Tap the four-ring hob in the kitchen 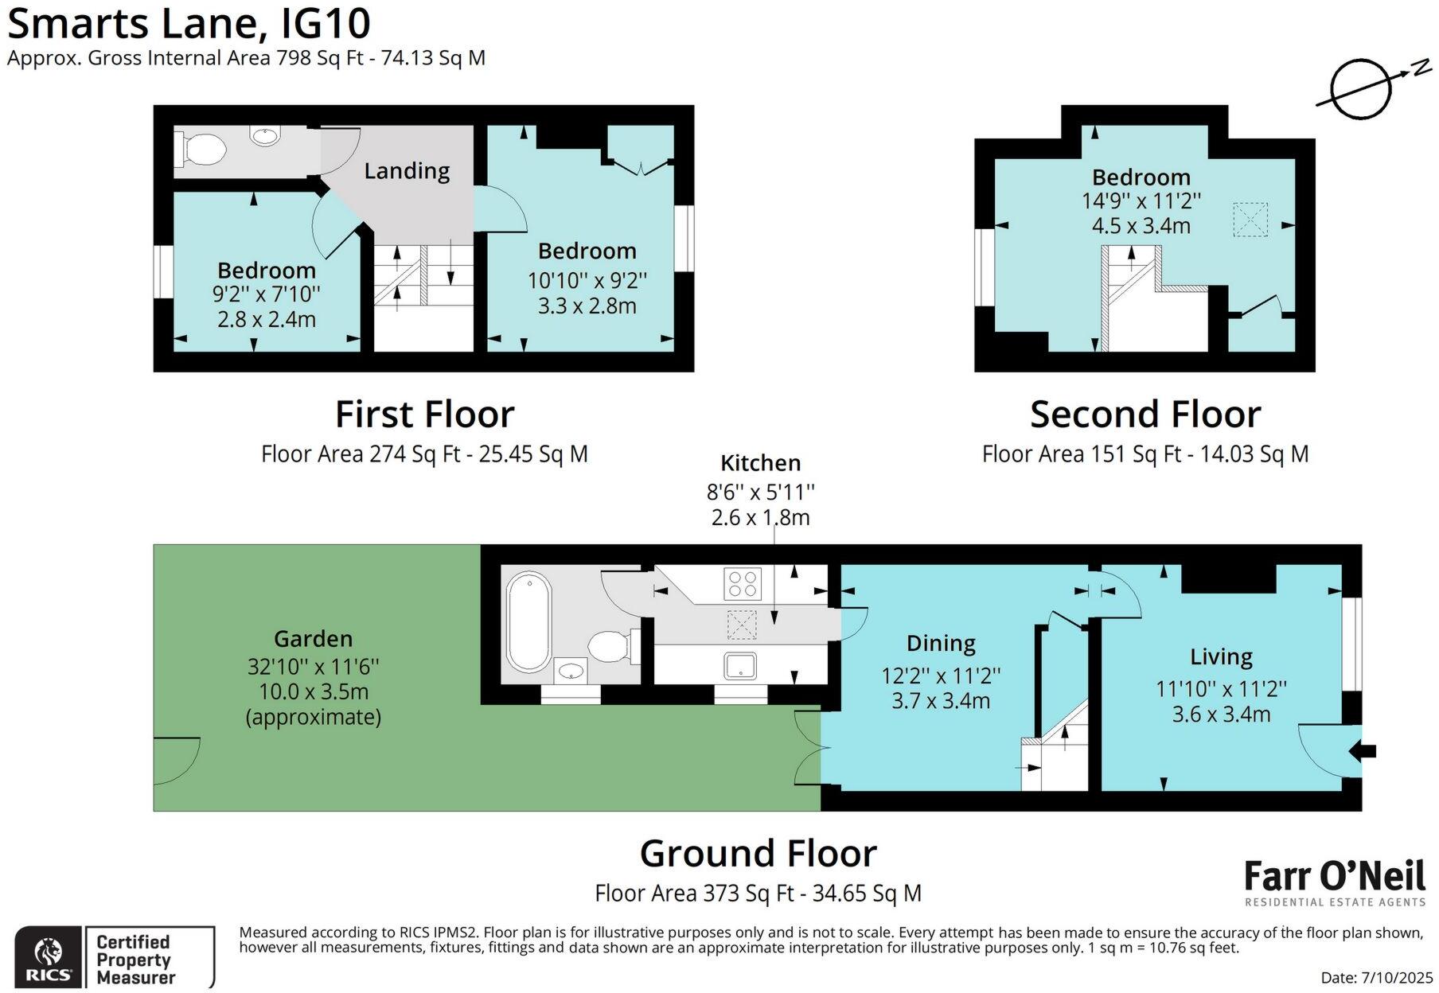[742, 583]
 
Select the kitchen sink [740, 665]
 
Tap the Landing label [407, 171]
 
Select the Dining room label [941, 643]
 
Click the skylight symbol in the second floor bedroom [1250, 220]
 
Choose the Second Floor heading [1145, 415]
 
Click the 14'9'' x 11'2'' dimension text [1141, 201]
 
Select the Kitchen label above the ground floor [760, 463]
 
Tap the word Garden [313, 639]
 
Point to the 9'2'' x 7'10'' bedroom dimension [266, 294]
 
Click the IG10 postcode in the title [326, 23]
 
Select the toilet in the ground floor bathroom [610, 645]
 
